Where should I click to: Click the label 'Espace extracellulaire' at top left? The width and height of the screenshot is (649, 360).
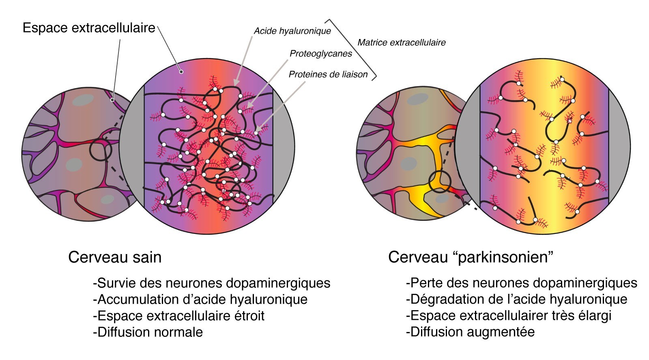pos(89,28)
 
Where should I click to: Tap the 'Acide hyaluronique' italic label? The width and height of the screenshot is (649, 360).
pos(292,31)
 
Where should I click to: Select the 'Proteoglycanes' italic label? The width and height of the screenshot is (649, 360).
pos(320,54)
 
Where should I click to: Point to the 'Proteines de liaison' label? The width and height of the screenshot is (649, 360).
pos(328,74)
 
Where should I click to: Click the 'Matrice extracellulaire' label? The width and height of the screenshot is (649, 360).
pos(401,43)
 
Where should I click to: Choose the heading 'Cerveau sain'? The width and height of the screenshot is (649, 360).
pos(115,257)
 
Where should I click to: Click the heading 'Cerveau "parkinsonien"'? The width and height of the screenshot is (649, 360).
pos(471,257)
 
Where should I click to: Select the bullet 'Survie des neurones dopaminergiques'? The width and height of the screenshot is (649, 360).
pos(211,283)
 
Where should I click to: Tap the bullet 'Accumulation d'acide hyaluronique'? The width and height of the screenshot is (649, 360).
pos(200,300)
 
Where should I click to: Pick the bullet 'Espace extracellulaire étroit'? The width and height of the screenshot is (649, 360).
pos(178,316)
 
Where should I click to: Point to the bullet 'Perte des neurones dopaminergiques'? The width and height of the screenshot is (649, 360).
pos(521,283)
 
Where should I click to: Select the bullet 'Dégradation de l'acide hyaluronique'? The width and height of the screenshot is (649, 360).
pos(516,300)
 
